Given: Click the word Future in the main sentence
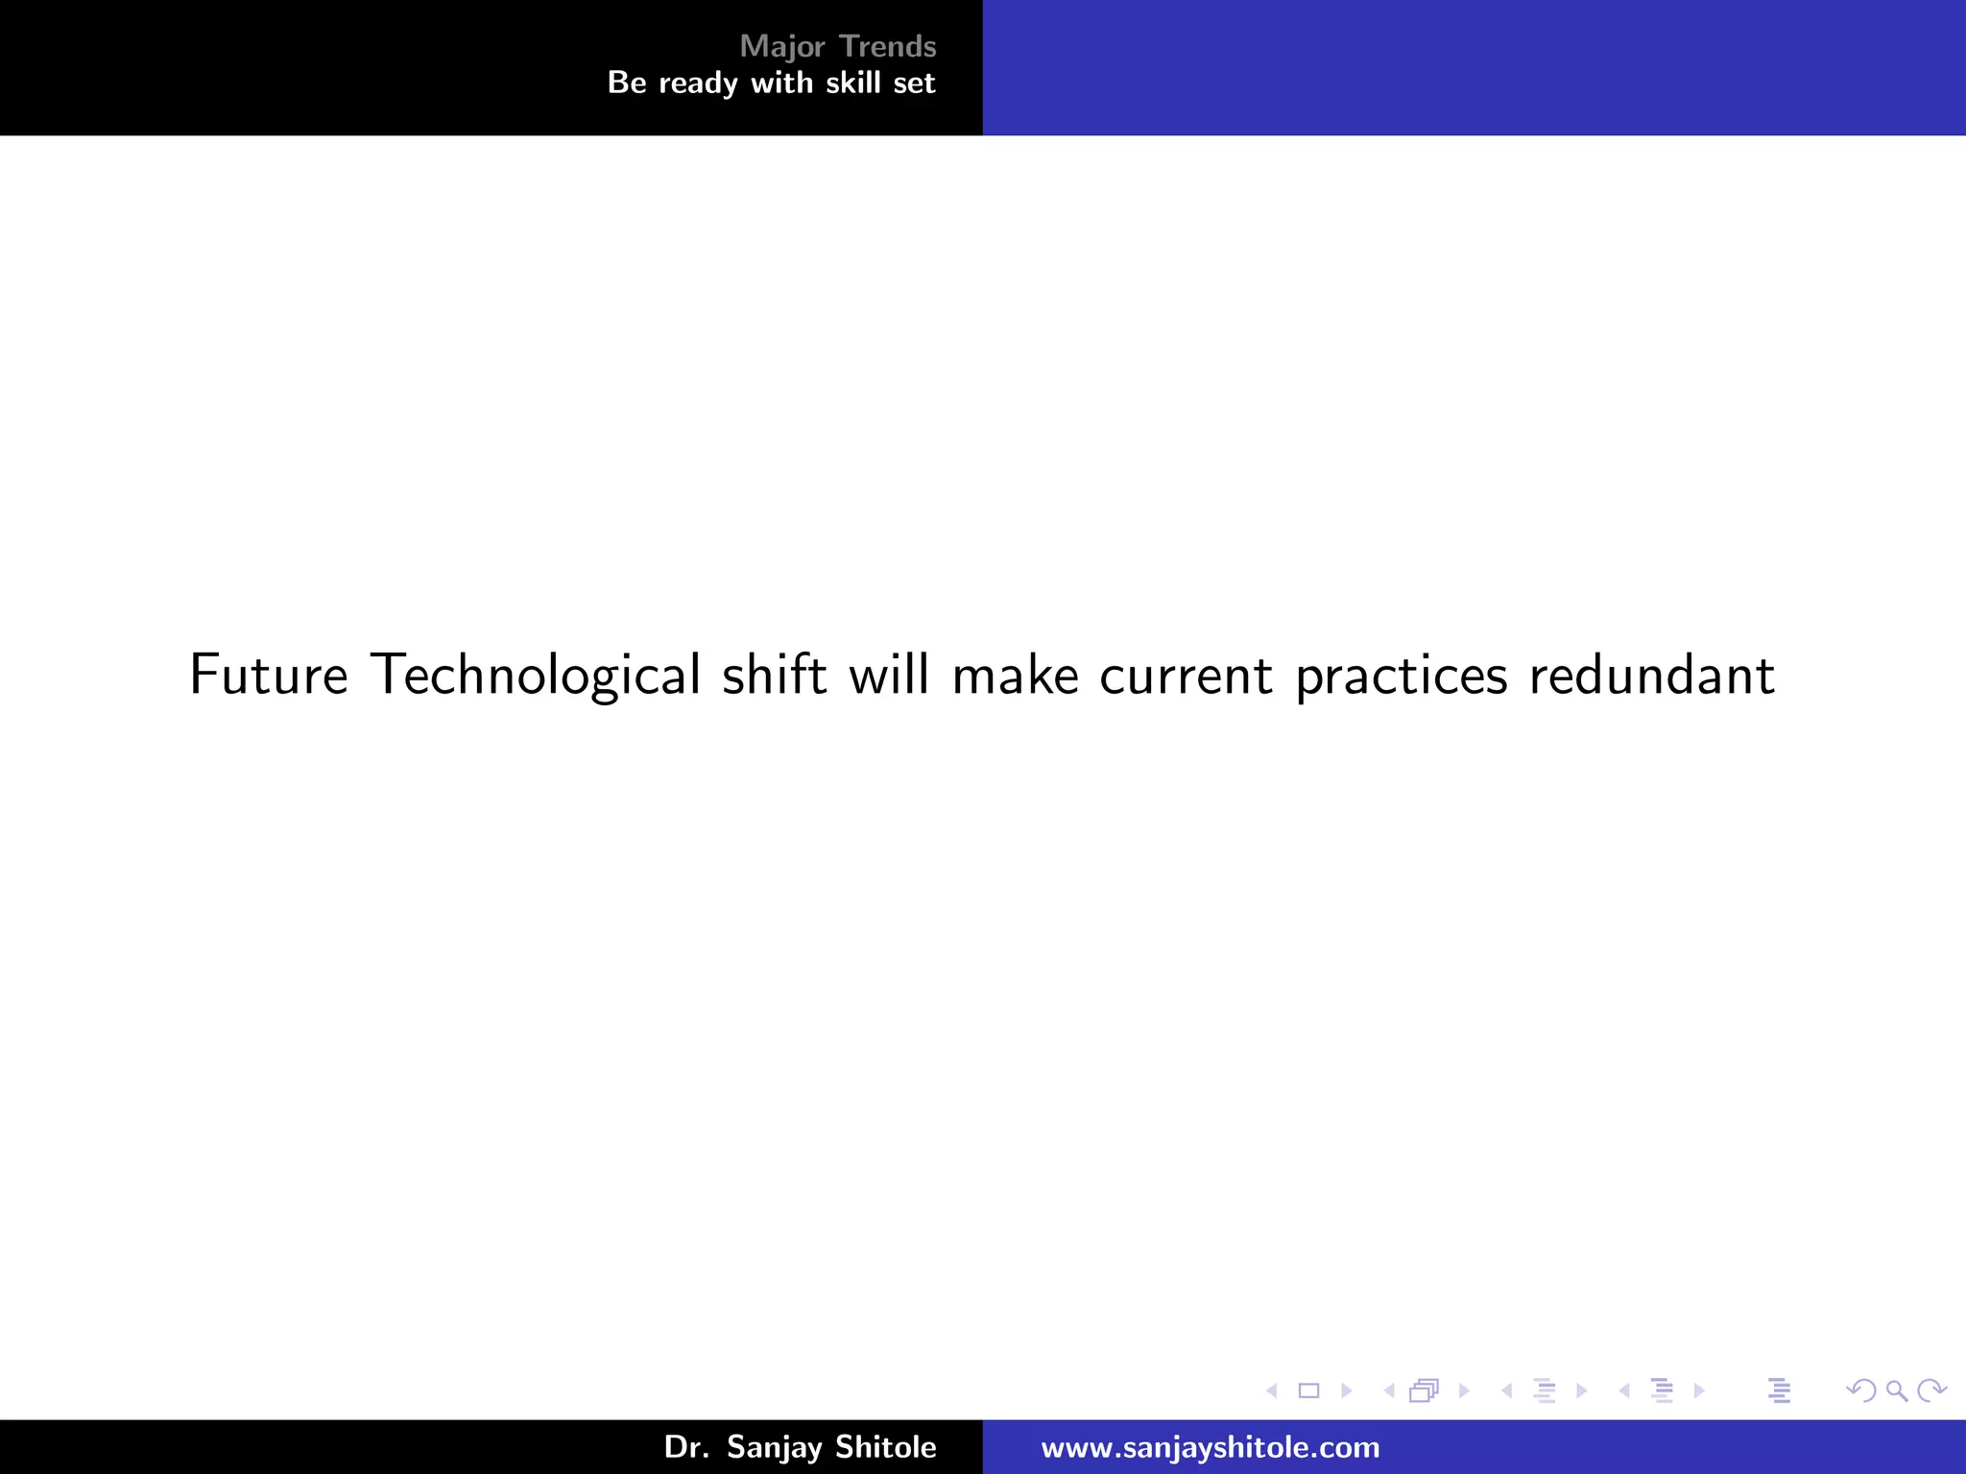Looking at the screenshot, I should (268, 675).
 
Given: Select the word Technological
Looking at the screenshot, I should (536, 675).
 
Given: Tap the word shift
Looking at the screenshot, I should (774, 675).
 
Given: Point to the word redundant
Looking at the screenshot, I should (1651, 675).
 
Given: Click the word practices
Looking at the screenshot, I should (1401, 675).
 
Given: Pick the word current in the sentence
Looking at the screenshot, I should (1186, 675).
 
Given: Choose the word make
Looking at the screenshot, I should (1015, 675).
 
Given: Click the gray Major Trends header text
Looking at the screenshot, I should (837, 46).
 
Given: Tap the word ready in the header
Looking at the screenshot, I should (698, 84).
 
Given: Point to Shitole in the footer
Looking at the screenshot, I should (884, 1446).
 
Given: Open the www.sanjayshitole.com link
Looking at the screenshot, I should (1210, 1447).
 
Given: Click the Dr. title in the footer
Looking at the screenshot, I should (686, 1446).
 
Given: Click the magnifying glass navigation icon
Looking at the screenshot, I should (1896, 1391).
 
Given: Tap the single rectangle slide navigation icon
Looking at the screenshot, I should (1308, 1391).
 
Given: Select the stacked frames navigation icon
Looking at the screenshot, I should (1425, 1391).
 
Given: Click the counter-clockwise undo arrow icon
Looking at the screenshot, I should (1861, 1391).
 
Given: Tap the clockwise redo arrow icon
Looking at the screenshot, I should (1930, 1391).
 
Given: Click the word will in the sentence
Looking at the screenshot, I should (889, 675).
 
